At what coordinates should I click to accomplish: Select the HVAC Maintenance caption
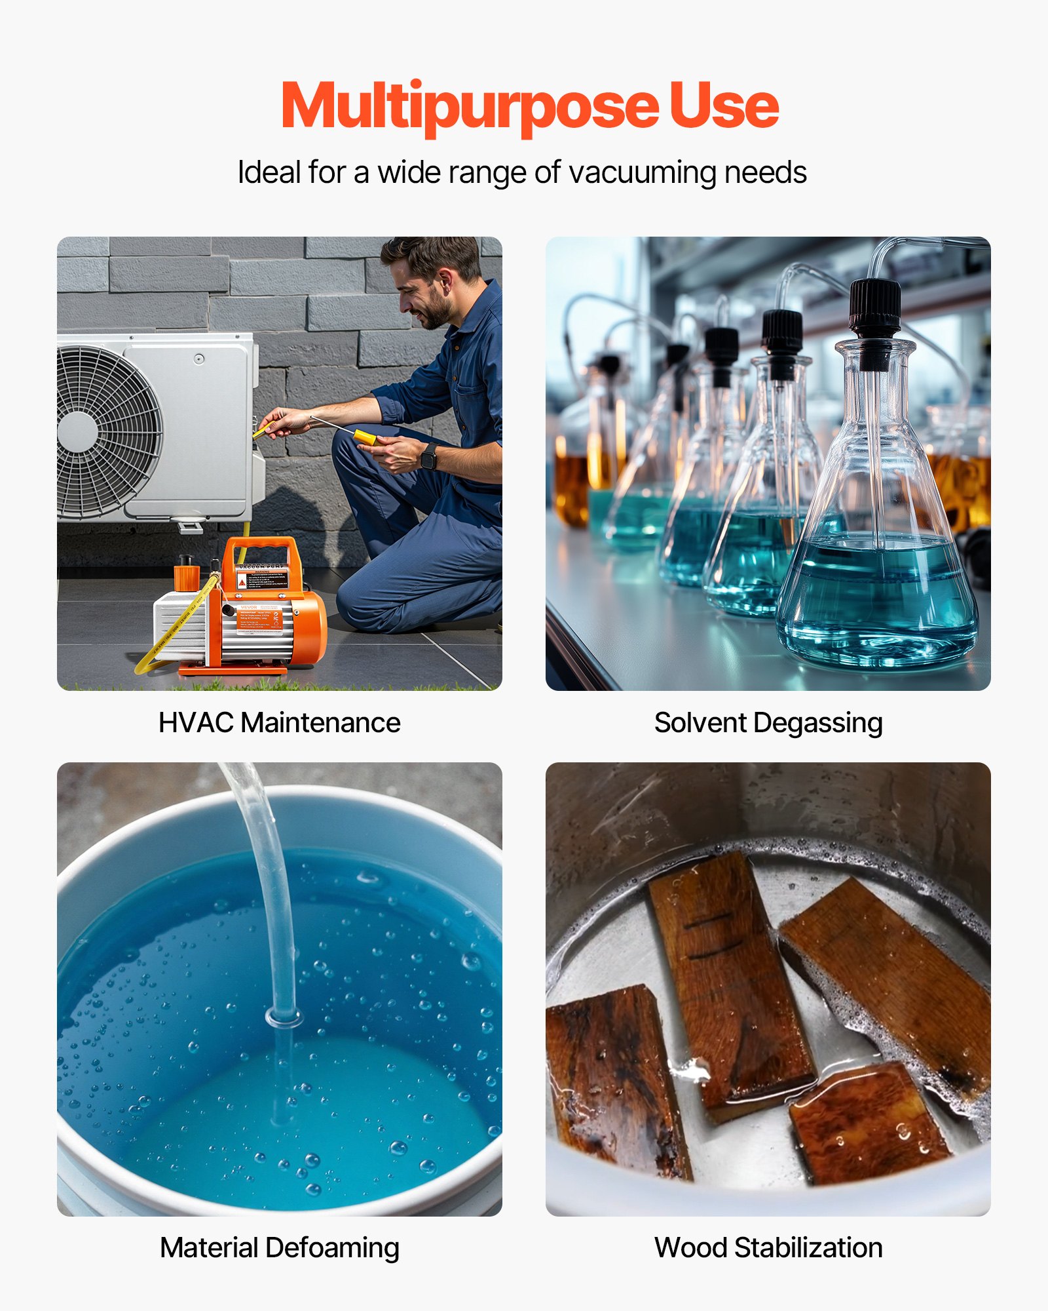click(x=279, y=723)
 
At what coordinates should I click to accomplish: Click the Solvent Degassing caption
click(x=768, y=723)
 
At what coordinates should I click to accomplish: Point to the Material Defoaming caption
click(x=279, y=1247)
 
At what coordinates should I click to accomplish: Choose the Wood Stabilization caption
click(x=768, y=1247)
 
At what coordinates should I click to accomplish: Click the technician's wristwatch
click(x=429, y=456)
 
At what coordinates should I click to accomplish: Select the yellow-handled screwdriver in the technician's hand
click(x=364, y=436)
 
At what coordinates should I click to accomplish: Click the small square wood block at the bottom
click(x=868, y=1124)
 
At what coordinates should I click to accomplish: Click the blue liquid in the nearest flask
click(x=878, y=597)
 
